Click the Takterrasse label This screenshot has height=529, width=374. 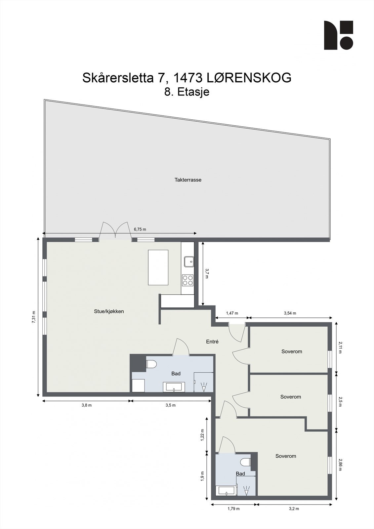tap(188, 180)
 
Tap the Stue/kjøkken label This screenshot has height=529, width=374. tap(109, 311)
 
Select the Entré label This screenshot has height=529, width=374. tap(212, 342)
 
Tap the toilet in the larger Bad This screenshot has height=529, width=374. tap(151, 364)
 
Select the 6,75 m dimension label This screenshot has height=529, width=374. tap(140, 229)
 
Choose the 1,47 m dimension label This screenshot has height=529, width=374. tap(232, 313)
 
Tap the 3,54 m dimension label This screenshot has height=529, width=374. tap(290, 313)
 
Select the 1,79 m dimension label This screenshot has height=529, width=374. tap(233, 509)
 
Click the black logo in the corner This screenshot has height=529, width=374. tap(338, 35)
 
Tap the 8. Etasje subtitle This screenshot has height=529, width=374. tap(187, 92)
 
